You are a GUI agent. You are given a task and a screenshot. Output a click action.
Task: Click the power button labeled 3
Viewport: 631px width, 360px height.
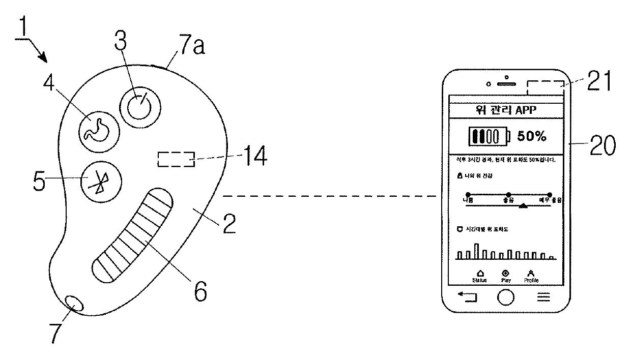coord(138,107)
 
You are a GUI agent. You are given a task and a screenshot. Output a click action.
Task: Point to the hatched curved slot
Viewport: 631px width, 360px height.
coord(134,234)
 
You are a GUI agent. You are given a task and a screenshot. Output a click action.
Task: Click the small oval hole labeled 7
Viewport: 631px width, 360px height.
coord(74,304)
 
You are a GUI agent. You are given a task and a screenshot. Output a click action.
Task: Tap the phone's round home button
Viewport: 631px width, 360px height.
coord(505,297)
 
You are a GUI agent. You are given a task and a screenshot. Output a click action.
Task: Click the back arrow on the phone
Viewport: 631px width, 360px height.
coord(467,297)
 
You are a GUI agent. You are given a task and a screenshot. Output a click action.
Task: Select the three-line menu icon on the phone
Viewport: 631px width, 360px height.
coord(544,297)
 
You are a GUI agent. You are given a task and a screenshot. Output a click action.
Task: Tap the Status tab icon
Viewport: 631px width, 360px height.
coord(479,273)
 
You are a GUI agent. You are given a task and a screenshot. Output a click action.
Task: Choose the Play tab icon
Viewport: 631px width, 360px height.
coord(506,273)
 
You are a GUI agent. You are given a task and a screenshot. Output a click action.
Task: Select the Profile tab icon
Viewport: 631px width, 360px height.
coord(531,273)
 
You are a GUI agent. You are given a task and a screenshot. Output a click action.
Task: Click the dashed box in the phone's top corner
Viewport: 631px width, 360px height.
coord(546,88)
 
